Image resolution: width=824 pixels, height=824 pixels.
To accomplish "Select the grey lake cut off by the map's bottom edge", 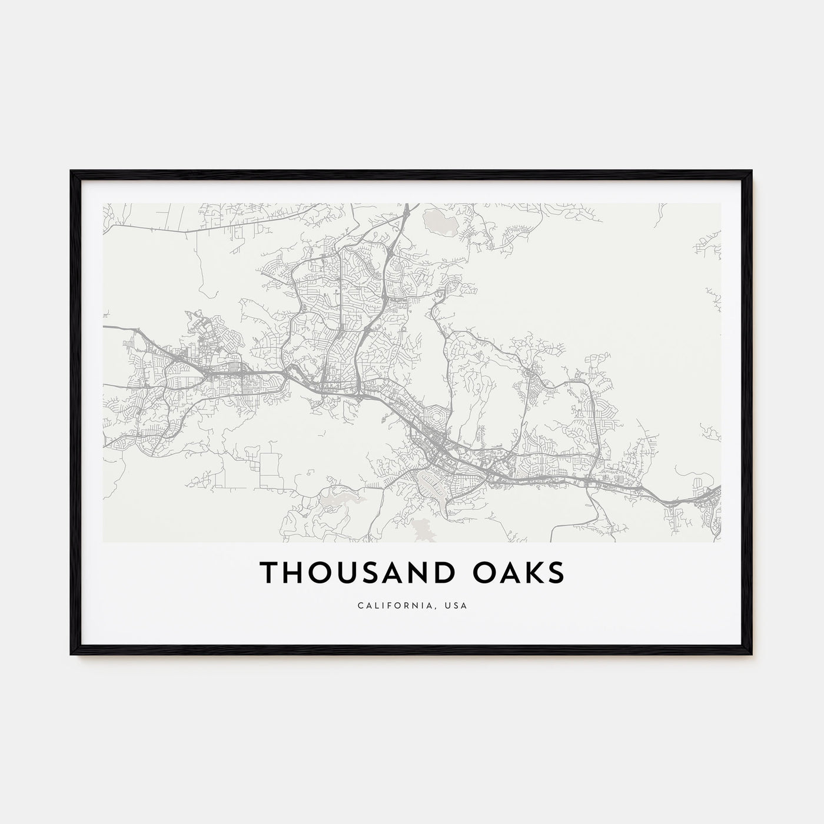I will pyautogui.click(x=421, y=530).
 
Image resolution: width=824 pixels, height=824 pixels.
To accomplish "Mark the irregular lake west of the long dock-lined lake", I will pyautogui.click(x=337, y=499).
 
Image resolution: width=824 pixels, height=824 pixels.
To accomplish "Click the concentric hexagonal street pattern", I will pyautogui.click(x=436, y=418).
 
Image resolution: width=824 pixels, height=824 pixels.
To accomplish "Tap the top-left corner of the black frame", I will pyautogui.click(x=71, y=171).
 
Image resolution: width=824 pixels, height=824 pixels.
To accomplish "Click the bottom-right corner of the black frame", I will pyautogui.click(x=752, y=654).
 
